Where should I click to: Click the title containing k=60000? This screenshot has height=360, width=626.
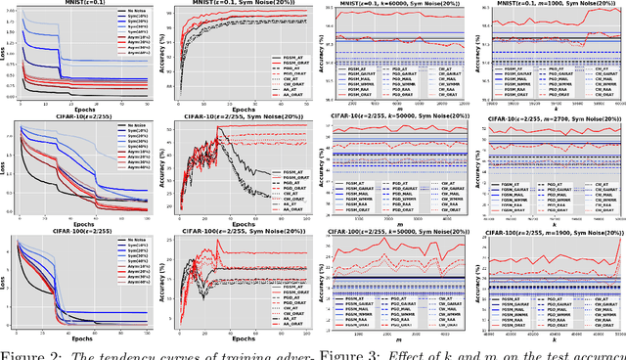point(397,5)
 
